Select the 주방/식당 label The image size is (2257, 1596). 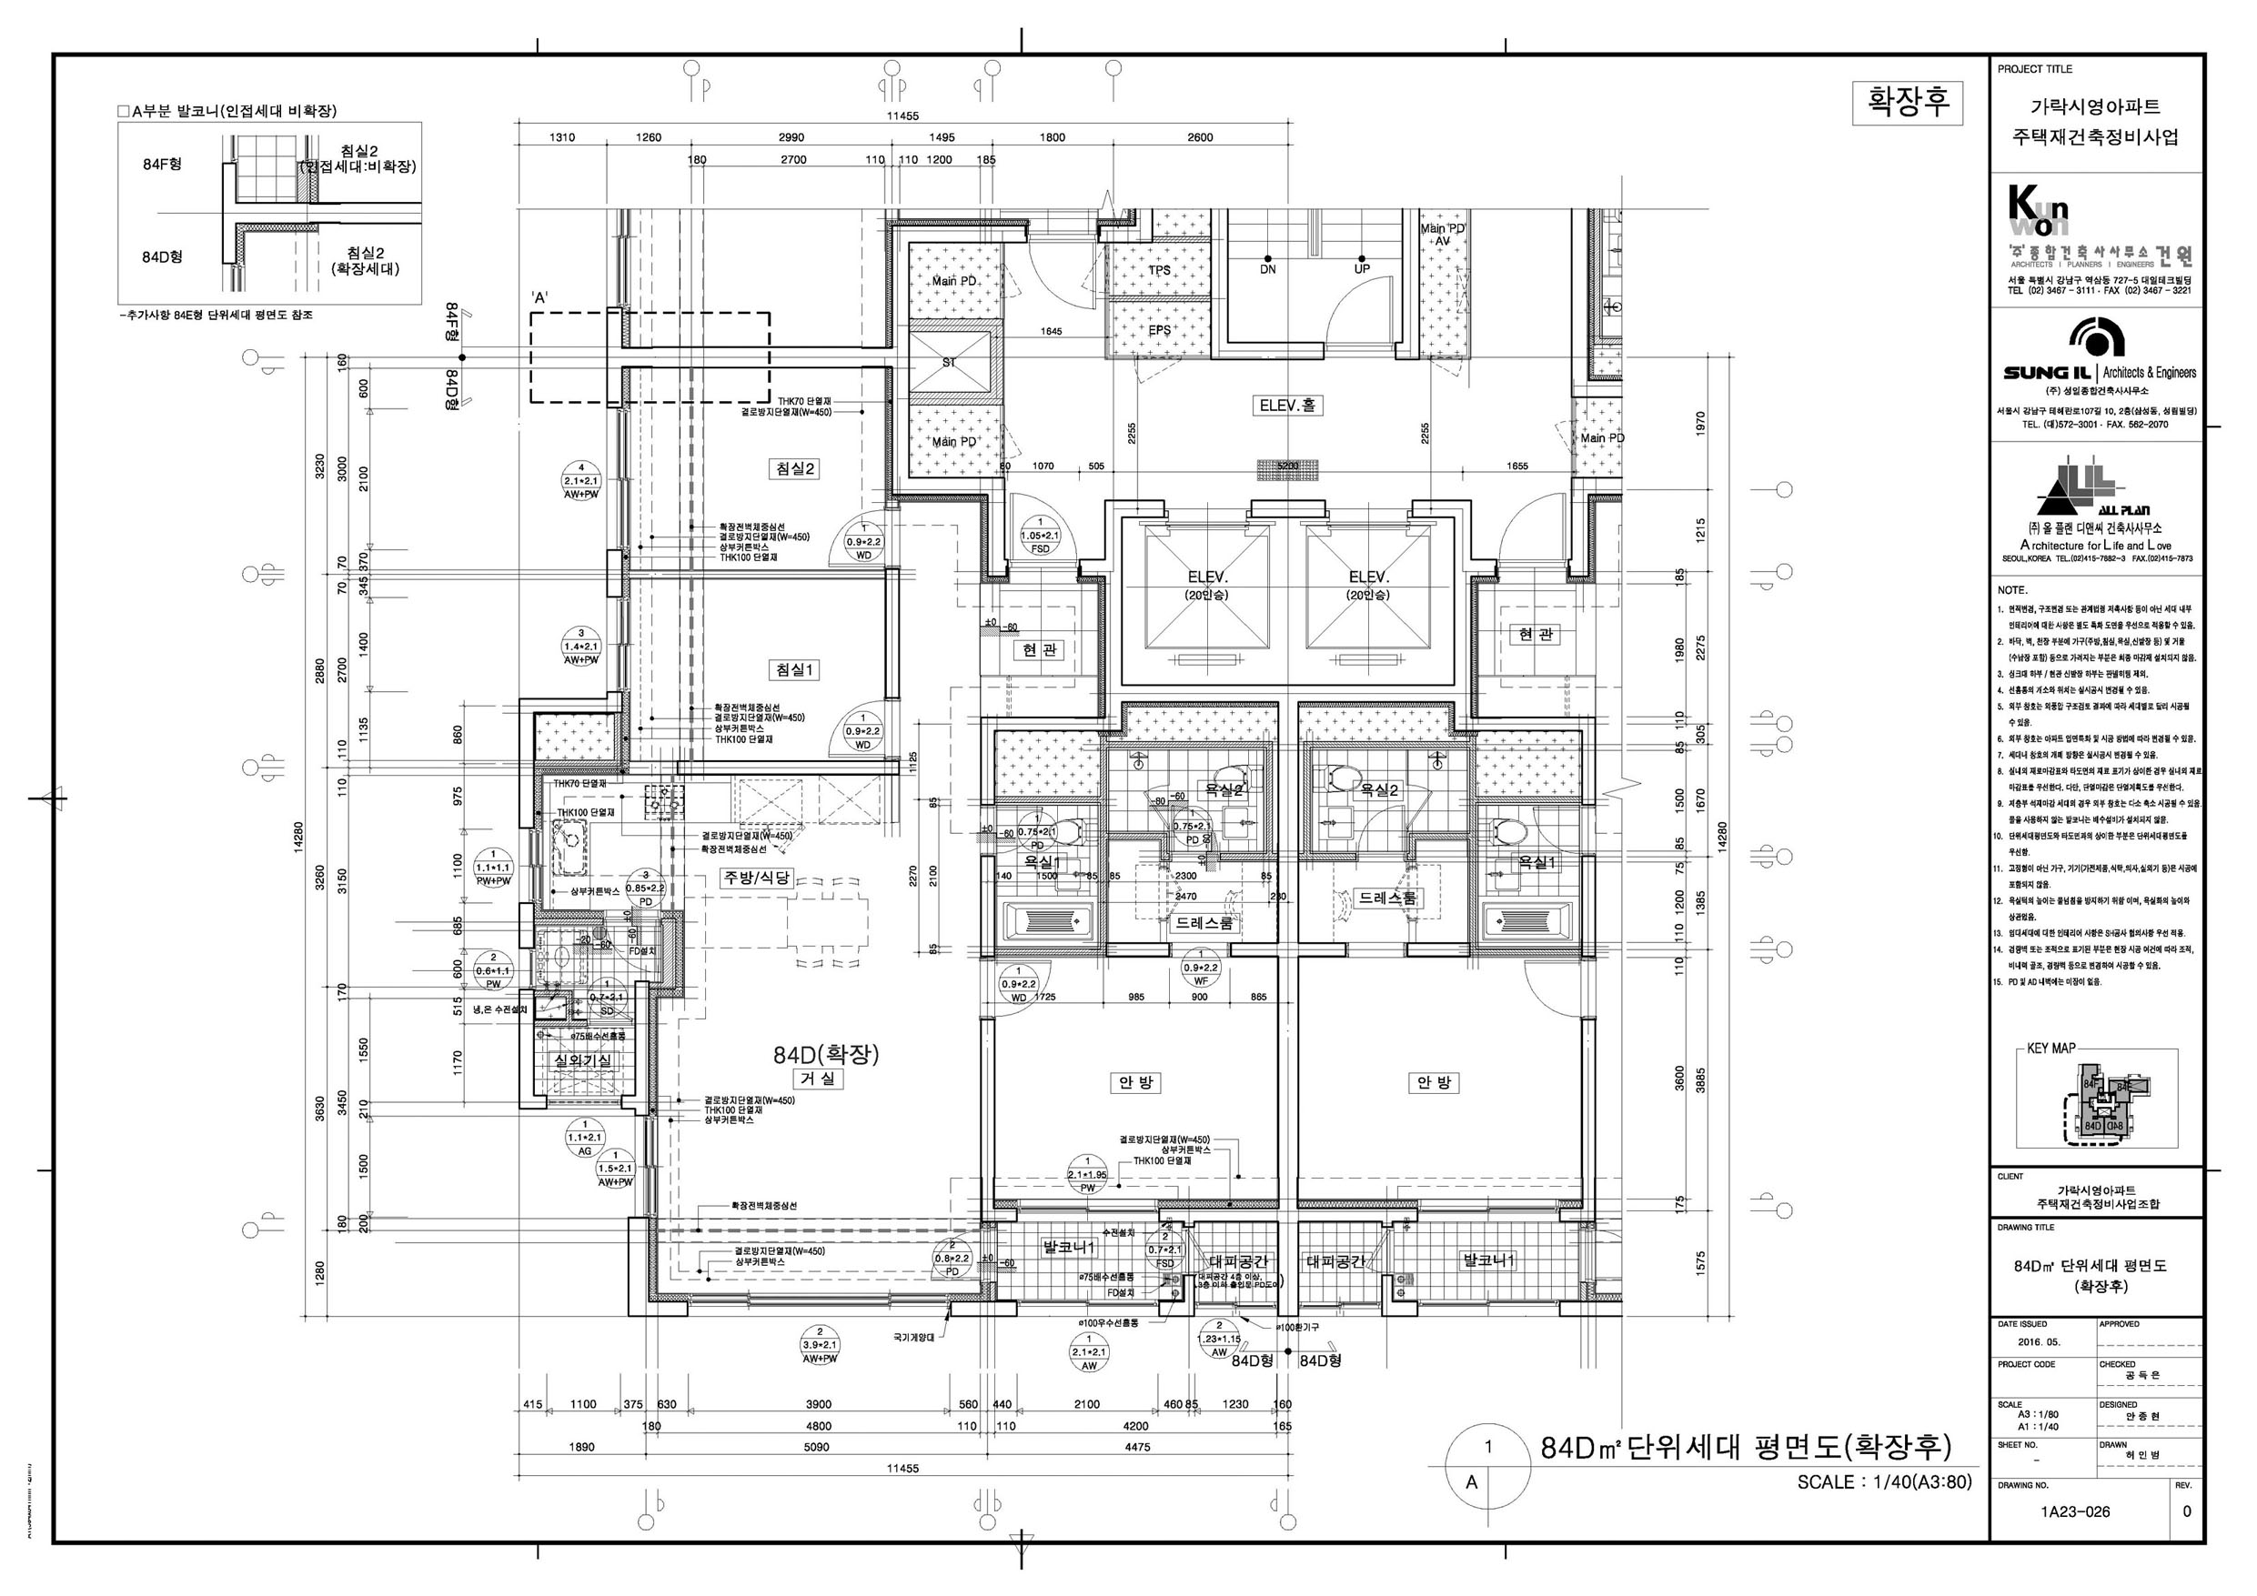click(757, 878)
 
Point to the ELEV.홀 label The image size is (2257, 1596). click(1286, 405)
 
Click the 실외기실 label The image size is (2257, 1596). click(583, 1060)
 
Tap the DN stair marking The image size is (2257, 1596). click(1268, 269)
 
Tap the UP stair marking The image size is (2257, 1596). click(1362, 269)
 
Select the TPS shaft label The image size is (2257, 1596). click(1160, 270)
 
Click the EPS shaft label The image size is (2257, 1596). click(1160, 330)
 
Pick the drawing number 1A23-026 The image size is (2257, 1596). click(2074, 1511)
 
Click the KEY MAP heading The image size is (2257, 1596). click(2050, 1049)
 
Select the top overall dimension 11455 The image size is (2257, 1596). click(902, 116)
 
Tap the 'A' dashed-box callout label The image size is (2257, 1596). click(539, 296)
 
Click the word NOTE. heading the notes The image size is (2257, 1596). click(2012, 590)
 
